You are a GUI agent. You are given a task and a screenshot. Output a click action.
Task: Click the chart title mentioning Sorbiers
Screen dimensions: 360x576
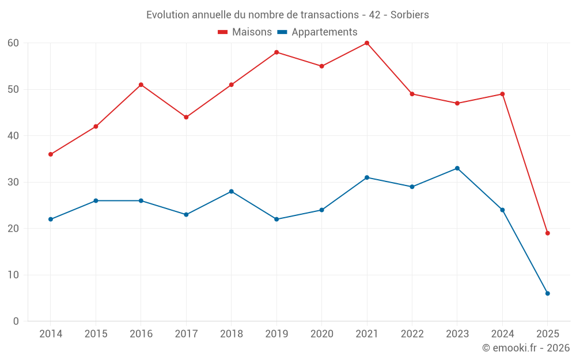[287, 15]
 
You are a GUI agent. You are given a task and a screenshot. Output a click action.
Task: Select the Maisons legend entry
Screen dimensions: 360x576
[245, 32]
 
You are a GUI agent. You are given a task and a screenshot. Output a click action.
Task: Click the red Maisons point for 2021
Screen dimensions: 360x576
[367, 43]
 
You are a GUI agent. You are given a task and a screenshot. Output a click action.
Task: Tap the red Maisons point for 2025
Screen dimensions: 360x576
[548, 233]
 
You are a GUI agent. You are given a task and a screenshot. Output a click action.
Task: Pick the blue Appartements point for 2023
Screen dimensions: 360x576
[457, 168]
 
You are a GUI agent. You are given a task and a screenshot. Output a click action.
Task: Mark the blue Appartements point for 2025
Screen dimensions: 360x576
[548, 294]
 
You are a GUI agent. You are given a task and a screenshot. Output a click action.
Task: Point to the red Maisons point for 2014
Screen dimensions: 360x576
[51, 154]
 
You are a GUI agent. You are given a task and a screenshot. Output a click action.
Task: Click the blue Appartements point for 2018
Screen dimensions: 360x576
[232, 191]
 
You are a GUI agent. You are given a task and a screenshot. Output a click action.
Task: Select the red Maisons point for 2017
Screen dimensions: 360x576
[186, 117]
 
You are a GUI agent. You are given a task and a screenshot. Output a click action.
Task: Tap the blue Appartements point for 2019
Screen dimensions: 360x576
[276, 219]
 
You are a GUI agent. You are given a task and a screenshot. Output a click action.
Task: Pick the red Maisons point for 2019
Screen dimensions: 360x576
[276, 52]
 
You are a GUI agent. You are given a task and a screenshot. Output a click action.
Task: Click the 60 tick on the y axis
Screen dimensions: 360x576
[13, 43]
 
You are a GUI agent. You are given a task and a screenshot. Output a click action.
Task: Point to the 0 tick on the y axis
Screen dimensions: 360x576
[16, 321]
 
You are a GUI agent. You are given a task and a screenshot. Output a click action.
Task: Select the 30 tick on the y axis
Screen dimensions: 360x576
[13, 182]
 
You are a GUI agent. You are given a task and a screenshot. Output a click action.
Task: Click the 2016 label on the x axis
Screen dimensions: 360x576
[141, 334]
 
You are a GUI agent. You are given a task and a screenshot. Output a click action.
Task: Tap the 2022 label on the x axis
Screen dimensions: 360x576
[412, 334]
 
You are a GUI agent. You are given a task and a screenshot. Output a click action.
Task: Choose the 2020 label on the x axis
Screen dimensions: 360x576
[321, 334]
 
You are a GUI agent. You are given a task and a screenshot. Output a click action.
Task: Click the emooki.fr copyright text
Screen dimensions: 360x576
[526, 348]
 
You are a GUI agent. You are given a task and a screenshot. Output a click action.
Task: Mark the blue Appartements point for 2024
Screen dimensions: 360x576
[502, 210]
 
